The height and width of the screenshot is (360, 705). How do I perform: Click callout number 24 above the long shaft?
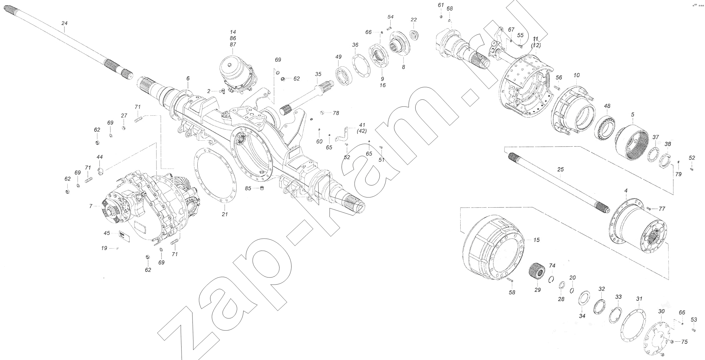click(x=64, y=23)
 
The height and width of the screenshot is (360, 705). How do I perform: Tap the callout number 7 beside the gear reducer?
click(x=91, y=206)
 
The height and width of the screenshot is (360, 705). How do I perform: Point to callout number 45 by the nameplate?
click(x=107, y=233)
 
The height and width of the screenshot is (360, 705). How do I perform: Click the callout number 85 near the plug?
click(x=248, y=188)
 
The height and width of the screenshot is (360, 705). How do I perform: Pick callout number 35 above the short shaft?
click(x=318, y=74)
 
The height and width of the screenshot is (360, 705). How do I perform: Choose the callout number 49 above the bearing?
click(x=338, y=57)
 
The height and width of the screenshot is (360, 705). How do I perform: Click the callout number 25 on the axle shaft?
click(x=560, y=170)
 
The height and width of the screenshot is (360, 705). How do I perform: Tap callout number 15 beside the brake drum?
click(x=536, y=240)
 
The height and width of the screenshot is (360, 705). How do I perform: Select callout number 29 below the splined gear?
click(x=537, y=290)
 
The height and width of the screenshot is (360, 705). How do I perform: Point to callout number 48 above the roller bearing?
click(x=607, y=106)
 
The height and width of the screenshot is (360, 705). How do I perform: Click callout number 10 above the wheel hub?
click(x=576, y=75)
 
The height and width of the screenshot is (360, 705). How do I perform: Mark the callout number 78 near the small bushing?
click(x=336, y=113)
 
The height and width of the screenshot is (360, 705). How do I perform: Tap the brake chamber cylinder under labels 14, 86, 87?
click(x=233, y=72)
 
